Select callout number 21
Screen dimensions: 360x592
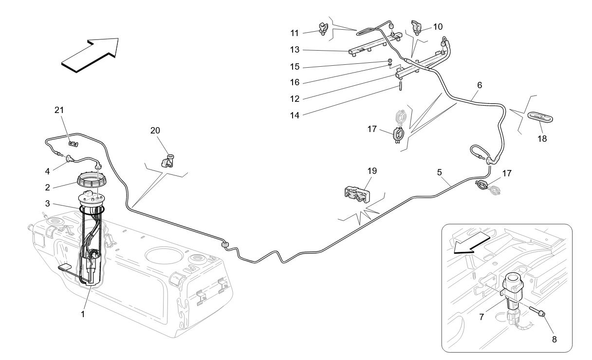[x=59, y=111]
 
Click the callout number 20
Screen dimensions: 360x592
[x=155, y=131]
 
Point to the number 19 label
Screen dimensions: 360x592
[x=372, y=171]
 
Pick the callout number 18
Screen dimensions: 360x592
[x=542, y=139]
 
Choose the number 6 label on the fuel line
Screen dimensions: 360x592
[x=480, y=85]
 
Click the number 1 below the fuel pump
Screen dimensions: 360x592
[x=83, y=314]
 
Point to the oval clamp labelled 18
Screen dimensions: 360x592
[x=540, y=117]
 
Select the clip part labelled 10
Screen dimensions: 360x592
[x=417, y=27]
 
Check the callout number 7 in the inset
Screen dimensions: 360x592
[x=481, y=317]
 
